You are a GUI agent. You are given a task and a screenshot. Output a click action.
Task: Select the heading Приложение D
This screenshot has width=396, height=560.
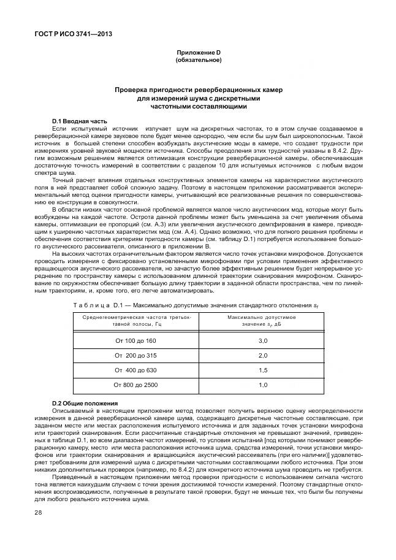[x=198, y=53]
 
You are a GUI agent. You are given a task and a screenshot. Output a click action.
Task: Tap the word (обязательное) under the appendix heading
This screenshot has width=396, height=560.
[x=198, y=60]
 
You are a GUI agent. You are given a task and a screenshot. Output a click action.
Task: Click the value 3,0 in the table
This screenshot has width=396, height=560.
[x=262, y=340]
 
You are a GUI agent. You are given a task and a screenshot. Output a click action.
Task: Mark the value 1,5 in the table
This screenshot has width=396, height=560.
[x=262, y=370]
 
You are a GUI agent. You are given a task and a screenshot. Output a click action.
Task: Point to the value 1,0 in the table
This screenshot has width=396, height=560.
[x=262, y=385]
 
